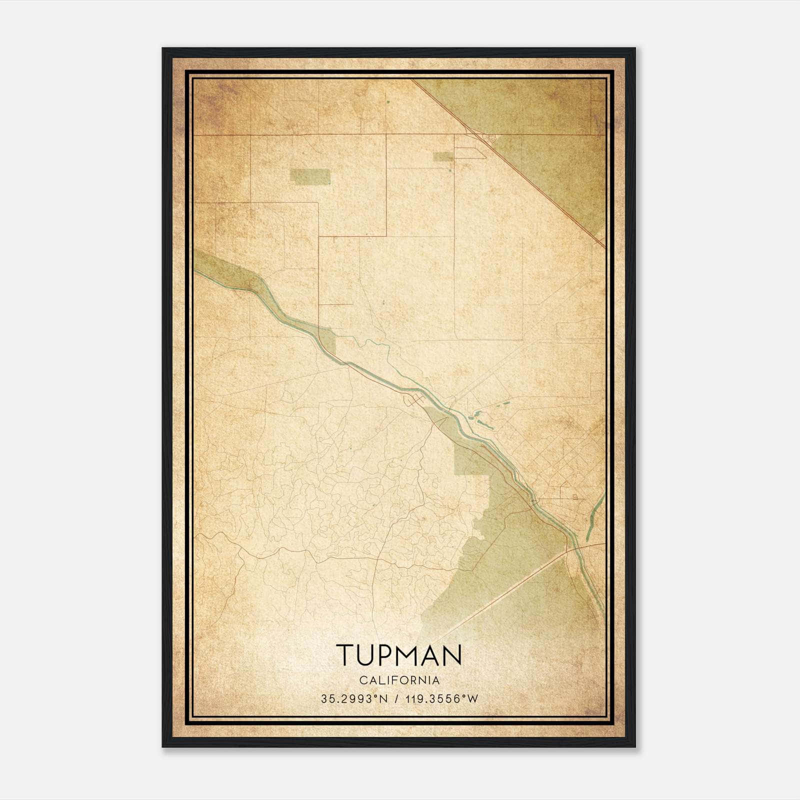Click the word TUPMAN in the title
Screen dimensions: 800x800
pyautogui.click(x=398, y=655)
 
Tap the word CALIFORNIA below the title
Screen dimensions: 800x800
pyautogui.click(x=398, y=680)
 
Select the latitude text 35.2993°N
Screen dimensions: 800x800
pyautogui.click(x=354, y=699)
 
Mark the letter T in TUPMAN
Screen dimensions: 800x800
pyautogui.click(x=345, y=655)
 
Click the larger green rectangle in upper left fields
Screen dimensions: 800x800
pyautogui.click(x=310, y=176)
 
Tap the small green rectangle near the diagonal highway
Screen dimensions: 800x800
pyautogui.click(x=443, y=156)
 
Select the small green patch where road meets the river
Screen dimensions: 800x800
pyautogui.click(x=327, y=337)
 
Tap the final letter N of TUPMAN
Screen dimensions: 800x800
pyautogui.click(x=452, y=655)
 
